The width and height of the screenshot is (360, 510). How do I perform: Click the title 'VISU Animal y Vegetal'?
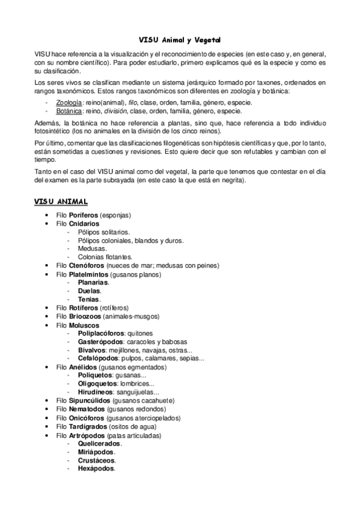tap(180, 39)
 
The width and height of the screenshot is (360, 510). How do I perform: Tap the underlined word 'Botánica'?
tap(69, 111)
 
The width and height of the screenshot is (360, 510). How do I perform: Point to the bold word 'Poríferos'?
tap(84, 215)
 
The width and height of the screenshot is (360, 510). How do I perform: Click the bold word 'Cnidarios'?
tap(84, 223)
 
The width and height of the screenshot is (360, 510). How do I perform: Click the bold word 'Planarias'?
tap(93, 282)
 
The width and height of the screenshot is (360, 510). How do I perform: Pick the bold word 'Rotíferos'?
tap(84, 307)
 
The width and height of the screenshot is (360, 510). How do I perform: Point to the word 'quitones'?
tap(140, 333)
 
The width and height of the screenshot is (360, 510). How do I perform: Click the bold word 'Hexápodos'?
tap(96, 468)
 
